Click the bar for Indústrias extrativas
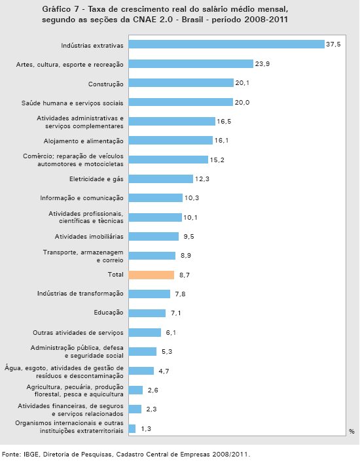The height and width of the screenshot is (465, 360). (226, 44)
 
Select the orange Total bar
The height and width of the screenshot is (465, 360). (151, 275)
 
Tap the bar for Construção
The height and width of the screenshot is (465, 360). (181, 83)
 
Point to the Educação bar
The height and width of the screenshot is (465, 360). (147, 313)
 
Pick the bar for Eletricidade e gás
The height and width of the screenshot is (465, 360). (161, 179)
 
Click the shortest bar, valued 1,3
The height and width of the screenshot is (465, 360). (132, 428)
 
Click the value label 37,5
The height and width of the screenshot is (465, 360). (333, 44)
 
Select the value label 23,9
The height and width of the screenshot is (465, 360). (262, 63)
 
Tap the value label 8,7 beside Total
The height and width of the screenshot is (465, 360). (185, 275)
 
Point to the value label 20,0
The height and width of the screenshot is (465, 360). (242, 103)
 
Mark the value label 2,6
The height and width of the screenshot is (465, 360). (153, 390)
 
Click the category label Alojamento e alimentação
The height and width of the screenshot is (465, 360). (83, 141)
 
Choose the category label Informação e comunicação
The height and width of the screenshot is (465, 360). (82, 198)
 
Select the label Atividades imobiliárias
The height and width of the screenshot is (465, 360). (89, 236)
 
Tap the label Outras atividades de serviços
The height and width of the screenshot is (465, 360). (78, 333)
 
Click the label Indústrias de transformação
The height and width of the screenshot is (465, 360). (80, 294)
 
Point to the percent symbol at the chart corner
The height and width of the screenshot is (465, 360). (351, 432)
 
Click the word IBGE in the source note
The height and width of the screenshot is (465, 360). (30, 455)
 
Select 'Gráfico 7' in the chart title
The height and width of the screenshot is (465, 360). (60, 9)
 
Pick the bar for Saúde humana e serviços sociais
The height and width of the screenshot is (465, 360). (181, 102)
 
